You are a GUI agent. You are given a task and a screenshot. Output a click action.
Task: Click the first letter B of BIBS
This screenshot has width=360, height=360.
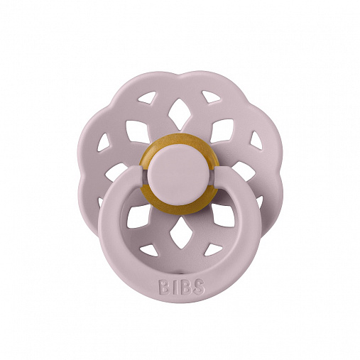(164, 288)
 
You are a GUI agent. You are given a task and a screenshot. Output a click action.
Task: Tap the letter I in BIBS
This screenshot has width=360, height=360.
(173, 288)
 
